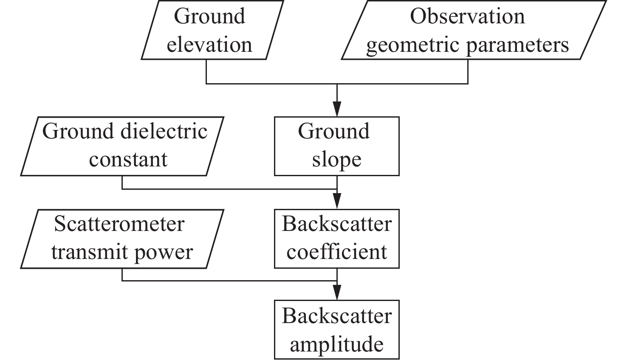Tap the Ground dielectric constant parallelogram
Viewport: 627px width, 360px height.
[122, 146]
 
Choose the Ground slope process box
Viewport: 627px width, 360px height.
[336, 146]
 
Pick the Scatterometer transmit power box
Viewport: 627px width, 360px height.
[122, 239]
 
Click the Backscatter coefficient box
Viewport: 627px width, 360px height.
[336, 239]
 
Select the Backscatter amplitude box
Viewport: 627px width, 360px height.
[336, 330]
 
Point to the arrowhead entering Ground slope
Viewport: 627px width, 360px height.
[337, 109]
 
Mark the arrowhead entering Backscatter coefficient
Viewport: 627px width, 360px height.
[337, 201]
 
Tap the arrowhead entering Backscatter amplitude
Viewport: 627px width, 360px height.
[337, 293]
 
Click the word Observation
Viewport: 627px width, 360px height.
[467, 16]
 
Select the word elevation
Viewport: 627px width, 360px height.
[209, 45]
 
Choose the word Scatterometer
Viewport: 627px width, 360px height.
[119, 224]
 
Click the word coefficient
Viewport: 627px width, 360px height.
[337, 252]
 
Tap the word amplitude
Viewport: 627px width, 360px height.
[337, 344]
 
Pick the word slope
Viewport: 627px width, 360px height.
[337, 160]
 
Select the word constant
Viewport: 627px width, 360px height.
[128, 160]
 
